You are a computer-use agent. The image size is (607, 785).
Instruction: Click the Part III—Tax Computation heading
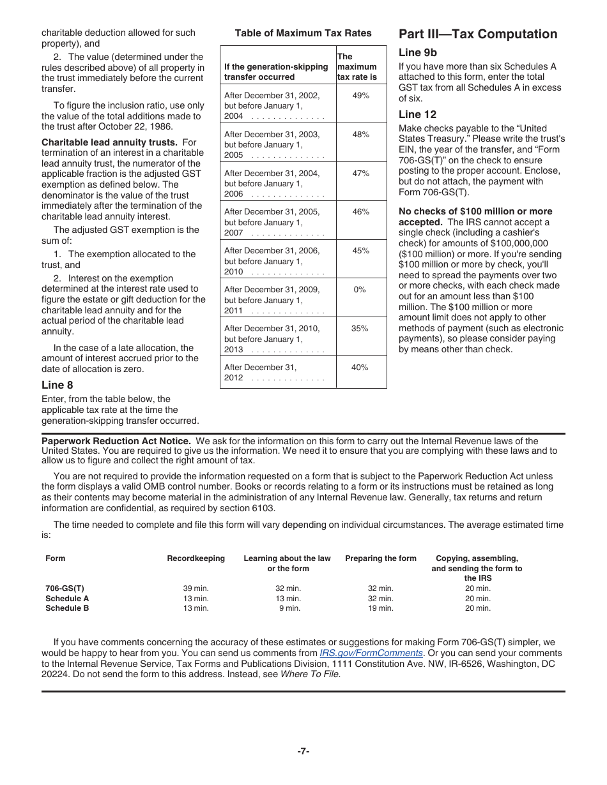coord(478,34)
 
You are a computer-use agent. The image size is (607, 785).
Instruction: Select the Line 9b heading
coord(418,53)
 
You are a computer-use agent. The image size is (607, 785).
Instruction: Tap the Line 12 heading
coord(418,114)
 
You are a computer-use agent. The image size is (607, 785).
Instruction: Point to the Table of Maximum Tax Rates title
coord(303,33)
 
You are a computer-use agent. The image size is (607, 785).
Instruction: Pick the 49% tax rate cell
coord(361,95)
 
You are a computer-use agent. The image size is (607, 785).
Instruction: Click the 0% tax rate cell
coord(360,289)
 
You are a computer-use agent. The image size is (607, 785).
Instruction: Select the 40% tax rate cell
coord(360,367)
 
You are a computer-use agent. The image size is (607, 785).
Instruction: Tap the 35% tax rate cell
coord(360,328)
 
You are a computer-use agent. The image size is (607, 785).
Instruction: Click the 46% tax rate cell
coord(361,211)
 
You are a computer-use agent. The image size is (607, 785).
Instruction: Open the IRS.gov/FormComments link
coord(371,653)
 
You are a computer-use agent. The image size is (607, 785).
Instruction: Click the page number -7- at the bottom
coord(303,751)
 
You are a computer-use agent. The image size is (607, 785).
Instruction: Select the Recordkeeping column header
coord(196,558)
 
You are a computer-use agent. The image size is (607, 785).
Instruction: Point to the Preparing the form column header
coord(381,558)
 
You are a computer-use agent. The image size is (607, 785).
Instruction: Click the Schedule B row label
coord(67,608)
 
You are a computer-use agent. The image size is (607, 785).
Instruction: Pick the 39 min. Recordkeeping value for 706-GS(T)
coord(196,588)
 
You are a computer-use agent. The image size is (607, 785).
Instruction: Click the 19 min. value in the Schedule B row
coord(381,608)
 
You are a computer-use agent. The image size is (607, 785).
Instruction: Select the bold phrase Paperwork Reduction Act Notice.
coord(116,441)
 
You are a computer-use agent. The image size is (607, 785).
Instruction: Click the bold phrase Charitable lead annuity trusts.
coord(109,142)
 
